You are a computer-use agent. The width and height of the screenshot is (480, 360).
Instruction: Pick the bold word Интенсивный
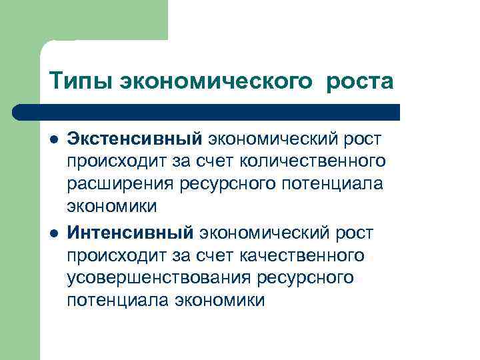point(130,233)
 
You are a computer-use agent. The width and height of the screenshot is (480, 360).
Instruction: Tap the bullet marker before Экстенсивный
point(53,139)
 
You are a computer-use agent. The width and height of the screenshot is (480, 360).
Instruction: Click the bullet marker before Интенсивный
point(53,233)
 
